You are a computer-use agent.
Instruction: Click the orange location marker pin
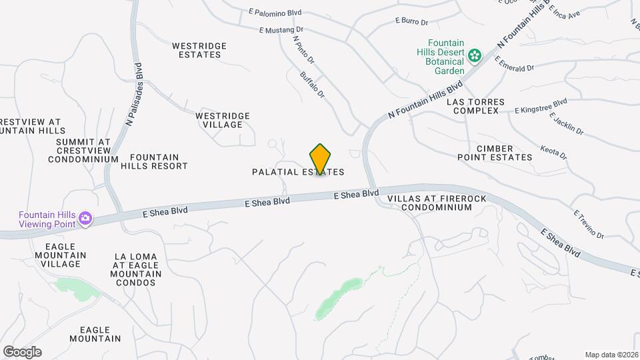coord(320,159)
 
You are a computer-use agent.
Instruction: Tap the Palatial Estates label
coord(298,172)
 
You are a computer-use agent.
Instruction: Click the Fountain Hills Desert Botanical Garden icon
coord(475,55)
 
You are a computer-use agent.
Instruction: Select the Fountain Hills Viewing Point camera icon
coord(85,218)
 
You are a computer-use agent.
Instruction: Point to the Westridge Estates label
coord(199,50)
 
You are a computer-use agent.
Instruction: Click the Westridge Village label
coord(223,120)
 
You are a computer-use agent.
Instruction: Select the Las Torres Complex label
coord(475,106)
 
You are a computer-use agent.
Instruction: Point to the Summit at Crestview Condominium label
coord(83,151)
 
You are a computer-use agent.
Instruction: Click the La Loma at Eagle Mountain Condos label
coord(138,269)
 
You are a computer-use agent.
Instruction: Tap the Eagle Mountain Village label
coord(61,255)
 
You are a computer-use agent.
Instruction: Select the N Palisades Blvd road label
coord(134,94)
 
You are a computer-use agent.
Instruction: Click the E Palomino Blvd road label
coord(275,12)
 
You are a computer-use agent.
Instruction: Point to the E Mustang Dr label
coord(281,30)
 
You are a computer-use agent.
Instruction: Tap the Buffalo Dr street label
coord(312,85)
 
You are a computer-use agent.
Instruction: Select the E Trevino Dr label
coord(588,225)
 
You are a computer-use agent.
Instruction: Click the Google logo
coord(22,351)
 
